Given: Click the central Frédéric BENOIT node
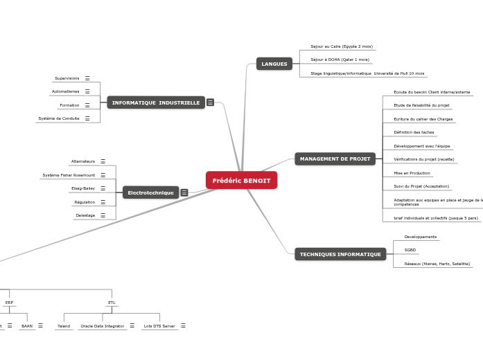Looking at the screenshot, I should (x=241, y=180).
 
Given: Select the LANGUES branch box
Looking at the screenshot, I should (x=274, y=64).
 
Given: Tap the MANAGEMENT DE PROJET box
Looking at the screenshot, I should (x=335, y=159).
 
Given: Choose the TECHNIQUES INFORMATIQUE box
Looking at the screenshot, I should (x=340, y=254).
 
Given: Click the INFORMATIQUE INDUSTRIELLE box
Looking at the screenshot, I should (x=156, y=102).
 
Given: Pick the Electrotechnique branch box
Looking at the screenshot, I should (x=150, y=192).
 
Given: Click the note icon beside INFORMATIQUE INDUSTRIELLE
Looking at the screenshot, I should (x=210, y=102).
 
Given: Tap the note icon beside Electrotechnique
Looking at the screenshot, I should (x=184, y=192).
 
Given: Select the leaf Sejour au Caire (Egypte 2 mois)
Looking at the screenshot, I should (x=341, y=46).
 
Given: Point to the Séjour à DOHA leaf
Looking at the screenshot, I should (x=340, y=60).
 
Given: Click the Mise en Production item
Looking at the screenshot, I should (x=412, y=173).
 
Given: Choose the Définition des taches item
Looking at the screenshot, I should (x=414, y=132).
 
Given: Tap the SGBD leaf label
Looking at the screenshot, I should (x=410, y=250).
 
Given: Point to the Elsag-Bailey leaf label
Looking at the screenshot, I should (x=83, y=188).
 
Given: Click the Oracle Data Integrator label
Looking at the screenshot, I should (x=102, y=325).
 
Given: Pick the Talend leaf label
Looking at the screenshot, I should (x=64, y=325).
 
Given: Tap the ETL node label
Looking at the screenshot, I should (x=112, y=303).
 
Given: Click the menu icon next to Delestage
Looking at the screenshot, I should (x=103, y=215).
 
